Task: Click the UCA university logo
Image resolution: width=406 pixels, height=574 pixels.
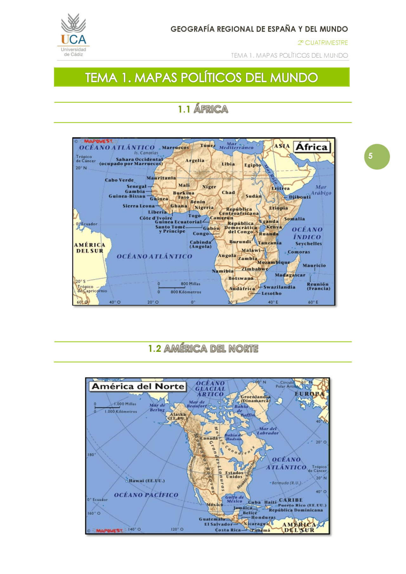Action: point(73,35)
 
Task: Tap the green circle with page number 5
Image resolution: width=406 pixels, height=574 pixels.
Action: point(377,157)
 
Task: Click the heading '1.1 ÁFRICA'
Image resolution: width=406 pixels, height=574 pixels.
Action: point(203,109)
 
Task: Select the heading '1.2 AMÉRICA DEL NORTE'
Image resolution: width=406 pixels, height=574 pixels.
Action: point(203,349)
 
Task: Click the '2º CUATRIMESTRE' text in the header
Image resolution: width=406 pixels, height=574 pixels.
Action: point(323,43)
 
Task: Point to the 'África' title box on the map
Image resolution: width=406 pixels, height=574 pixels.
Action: point(311,147)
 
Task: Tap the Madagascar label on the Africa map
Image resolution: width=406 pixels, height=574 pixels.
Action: point(290,275)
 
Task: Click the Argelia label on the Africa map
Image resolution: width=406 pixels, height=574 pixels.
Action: point(194,161)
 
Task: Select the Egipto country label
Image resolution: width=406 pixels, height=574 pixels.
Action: point(252,165)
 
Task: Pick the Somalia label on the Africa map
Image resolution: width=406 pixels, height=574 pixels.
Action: point(294,219)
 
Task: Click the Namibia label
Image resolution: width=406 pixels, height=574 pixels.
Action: point(223,271)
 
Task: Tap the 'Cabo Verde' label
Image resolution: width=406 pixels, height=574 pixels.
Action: point(119,180)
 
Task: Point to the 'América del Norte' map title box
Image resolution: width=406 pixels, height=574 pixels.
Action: point(138,386)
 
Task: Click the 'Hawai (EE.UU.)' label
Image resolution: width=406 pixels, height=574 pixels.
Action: point(147,481)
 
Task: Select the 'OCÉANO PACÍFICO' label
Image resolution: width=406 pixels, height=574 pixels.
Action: point(146,495)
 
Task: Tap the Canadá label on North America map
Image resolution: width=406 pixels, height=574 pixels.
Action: point(209,438)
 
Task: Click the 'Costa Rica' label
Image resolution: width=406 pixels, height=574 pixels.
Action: point(228,530)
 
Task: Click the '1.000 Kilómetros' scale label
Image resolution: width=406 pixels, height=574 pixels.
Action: point(121,412)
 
